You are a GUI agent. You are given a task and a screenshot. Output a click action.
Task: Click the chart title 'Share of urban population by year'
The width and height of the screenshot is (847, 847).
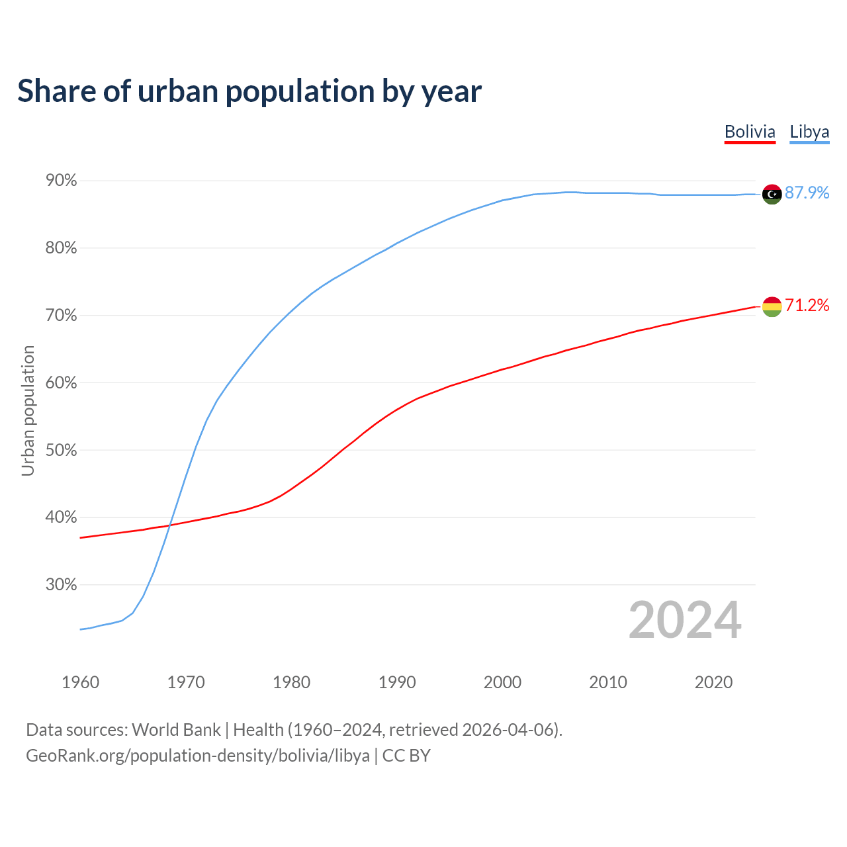(249, 91)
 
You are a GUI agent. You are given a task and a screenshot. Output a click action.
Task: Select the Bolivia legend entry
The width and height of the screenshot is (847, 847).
(750, 132)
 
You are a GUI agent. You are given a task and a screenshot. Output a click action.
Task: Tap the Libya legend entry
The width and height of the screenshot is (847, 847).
(809, 132)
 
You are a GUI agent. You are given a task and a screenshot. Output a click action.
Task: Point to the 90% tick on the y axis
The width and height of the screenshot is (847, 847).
(61, 181)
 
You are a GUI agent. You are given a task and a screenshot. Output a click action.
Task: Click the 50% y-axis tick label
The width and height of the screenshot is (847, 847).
(61, 451)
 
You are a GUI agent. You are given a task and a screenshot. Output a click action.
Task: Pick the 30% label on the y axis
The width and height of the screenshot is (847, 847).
(61, 585)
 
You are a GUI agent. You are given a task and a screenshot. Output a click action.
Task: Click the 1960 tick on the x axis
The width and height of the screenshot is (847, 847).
(80, 682)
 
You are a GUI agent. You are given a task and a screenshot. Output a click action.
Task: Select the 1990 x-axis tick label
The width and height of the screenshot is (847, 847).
(397, 682)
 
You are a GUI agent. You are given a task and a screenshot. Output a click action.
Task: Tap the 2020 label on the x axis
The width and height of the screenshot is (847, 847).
(713, 682)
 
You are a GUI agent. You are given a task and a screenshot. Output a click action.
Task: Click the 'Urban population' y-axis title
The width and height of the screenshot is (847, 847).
(28, 410)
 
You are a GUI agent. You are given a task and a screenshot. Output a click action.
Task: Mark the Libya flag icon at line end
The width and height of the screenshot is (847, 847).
(772, 194)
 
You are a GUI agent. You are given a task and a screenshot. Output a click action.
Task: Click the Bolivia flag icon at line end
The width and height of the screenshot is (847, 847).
(772, 306)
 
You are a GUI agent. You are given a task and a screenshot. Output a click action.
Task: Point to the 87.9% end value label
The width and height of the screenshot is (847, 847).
(807, 193)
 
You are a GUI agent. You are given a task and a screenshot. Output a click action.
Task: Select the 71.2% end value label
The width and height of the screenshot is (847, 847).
(807, 305)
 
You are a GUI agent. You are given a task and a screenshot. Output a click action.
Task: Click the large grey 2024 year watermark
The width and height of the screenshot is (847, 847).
(685, 620)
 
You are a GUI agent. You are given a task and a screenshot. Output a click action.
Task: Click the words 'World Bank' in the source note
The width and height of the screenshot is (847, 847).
(176, 730)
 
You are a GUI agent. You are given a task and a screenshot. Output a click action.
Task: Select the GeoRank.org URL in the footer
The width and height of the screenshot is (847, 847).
(198, 756)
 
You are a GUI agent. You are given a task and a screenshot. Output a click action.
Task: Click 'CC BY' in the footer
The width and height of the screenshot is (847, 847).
(406, 756)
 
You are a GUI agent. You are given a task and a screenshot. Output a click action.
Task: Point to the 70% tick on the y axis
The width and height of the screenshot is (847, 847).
(61, 316)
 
